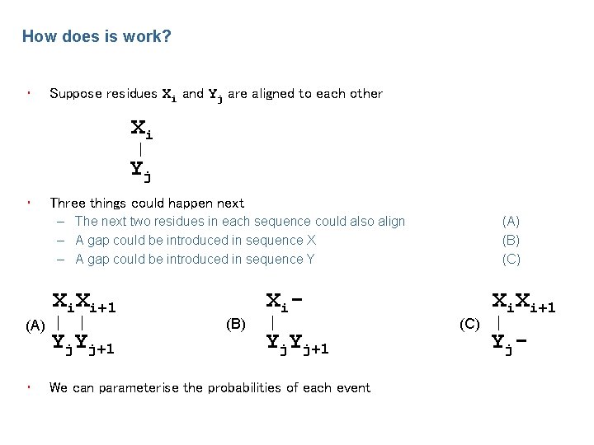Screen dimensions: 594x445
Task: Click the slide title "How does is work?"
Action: coord(97,37)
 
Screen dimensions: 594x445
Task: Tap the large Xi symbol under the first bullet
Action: coord(141,129)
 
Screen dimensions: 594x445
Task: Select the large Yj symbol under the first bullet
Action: coord(141,171)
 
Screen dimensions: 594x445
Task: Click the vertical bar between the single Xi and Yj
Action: coord(141,150)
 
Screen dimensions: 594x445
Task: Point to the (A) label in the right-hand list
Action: coord(511,221)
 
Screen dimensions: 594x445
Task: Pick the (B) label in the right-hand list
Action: coord(511,240)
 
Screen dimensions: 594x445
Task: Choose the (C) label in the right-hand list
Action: coord(511,259)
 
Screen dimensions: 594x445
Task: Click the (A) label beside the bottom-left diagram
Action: coord(35,325)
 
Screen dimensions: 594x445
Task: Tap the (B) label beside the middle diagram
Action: coord(236,325)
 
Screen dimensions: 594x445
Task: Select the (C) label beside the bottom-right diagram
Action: coord(469,325)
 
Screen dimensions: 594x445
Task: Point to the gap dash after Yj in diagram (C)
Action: coord(521,340)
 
